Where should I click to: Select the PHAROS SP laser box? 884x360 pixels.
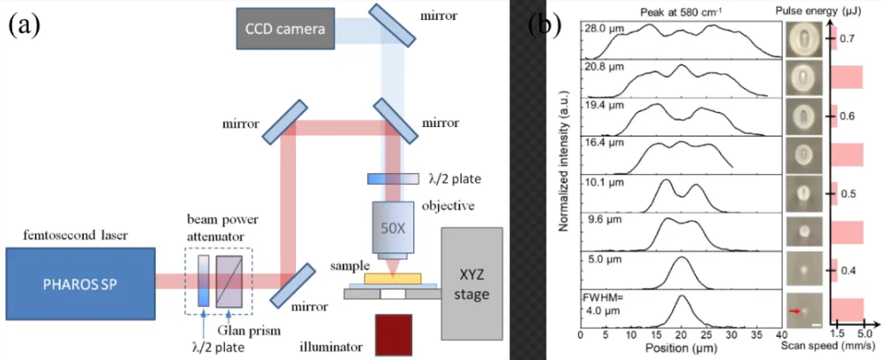[80, 282]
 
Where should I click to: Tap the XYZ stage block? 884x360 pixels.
[472, 283]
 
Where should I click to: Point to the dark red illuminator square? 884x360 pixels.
[396, 336]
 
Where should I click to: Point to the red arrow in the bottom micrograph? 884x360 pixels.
[797, 310]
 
